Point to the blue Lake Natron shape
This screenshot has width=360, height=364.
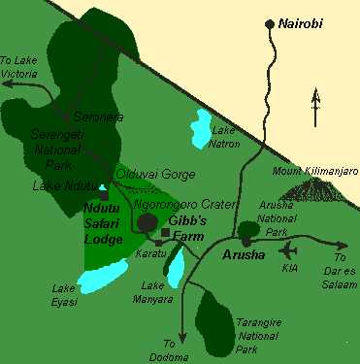[x=203, y=126]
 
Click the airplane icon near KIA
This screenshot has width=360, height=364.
[x=288, y=247]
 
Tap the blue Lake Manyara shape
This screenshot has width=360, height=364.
[x=175, y=270]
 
